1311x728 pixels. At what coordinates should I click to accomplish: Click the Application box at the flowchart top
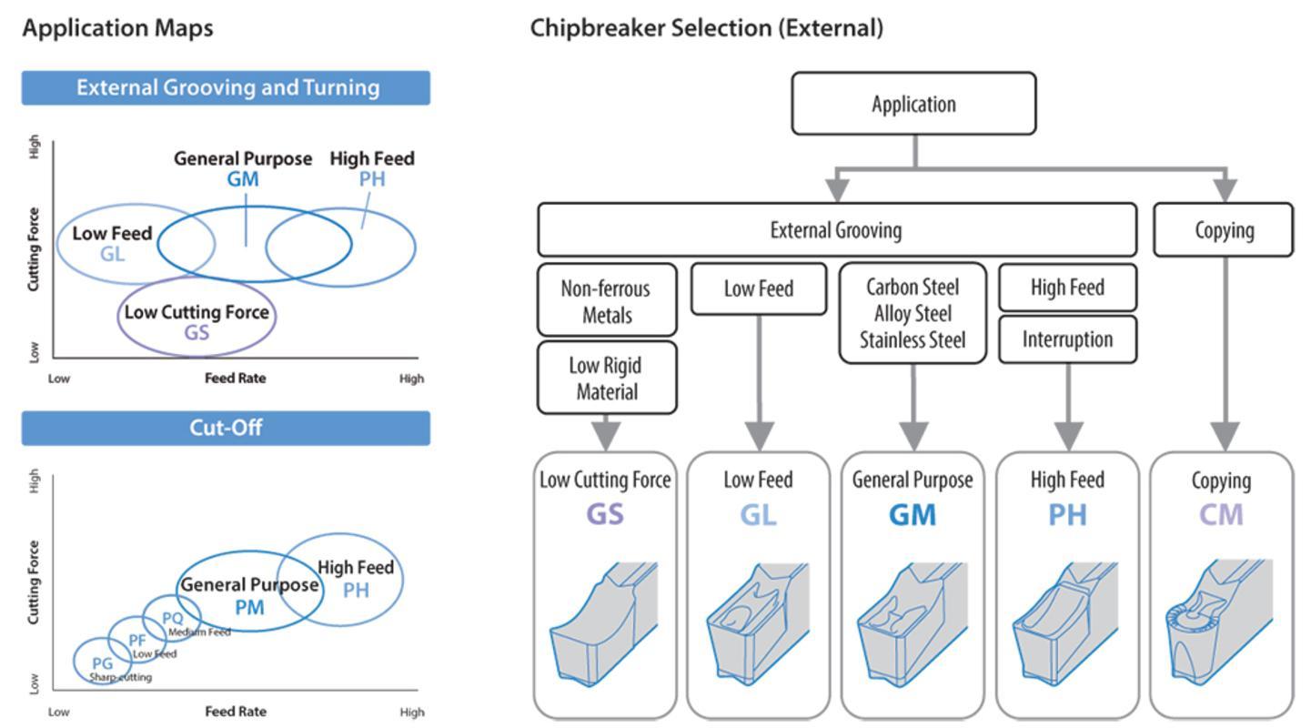(x=913, y=104)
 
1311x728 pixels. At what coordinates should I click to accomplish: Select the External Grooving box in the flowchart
(x=836, y=229)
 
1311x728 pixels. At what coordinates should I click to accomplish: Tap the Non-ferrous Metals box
(x=607, y=301)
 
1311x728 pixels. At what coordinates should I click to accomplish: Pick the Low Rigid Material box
(x=607, y=378)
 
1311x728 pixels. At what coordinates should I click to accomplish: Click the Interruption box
(x=1067, y=339)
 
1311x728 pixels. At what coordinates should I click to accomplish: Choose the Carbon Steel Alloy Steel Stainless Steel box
(x=912, y=313)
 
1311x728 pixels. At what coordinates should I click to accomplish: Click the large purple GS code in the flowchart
(x=605, y=514)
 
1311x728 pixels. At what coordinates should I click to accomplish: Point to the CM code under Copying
(x=1220, y=514)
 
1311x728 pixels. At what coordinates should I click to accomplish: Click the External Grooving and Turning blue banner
(x=226, y=87)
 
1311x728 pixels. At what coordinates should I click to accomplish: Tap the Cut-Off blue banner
(x=226, y=428)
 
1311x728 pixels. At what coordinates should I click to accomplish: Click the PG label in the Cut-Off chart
(x=102, y=663)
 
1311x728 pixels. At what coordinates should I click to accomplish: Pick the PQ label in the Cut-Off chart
(x=172, y=618)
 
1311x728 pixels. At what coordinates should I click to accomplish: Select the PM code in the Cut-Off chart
(x=248, y=606)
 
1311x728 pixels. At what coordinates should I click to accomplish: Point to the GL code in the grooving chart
(x=112, y=254)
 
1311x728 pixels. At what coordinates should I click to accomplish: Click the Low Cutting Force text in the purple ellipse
(x=197, y=312)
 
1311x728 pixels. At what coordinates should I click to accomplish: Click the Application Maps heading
(x=117, y=28)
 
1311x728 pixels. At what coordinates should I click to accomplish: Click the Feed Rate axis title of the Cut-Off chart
(x=235, y=712)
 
